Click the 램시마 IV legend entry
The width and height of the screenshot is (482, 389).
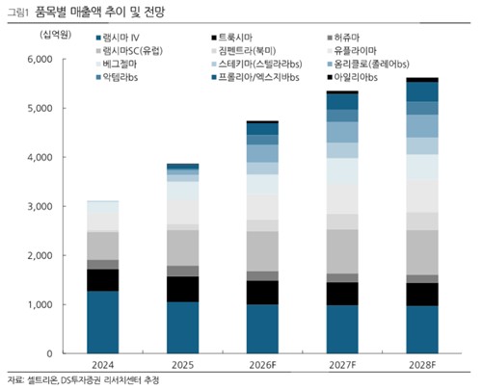point(121,38)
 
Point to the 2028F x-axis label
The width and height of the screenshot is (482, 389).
point(420,365)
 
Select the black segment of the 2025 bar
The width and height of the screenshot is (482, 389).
point(183,289)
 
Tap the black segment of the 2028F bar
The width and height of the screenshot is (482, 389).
point(420,295)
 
